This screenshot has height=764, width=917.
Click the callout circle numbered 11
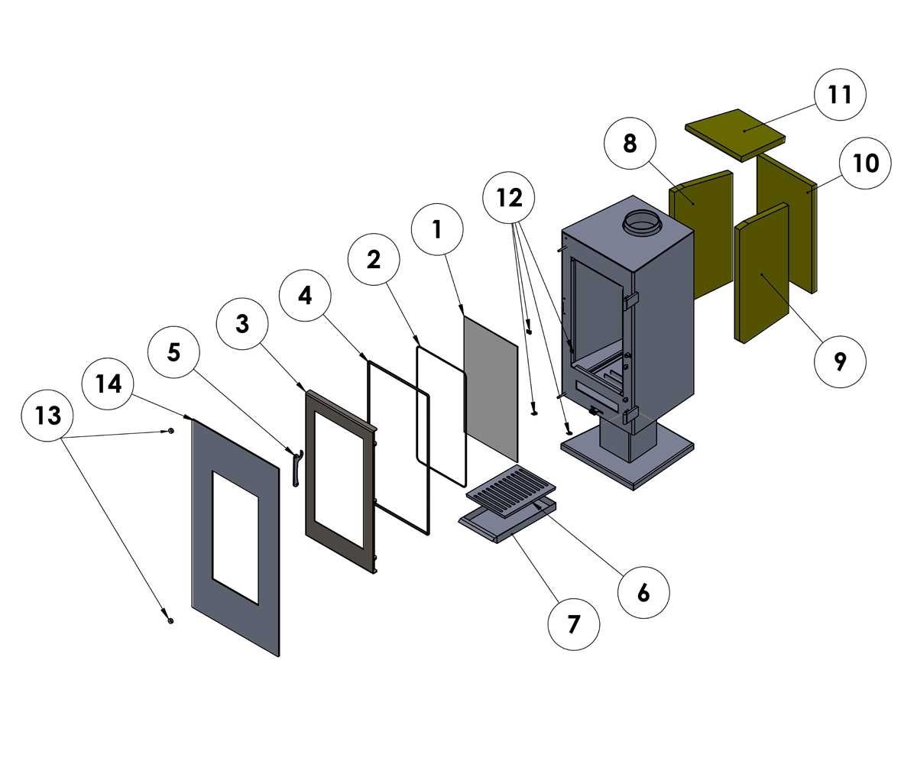tap(840, 95)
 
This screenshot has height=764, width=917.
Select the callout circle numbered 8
tap(630, 143)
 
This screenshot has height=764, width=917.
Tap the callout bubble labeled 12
tap(509, 198)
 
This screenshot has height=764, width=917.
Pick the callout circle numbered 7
tap(574, 624)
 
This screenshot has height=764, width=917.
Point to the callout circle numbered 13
tap(48, 416)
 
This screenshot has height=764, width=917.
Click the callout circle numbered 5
tap(173, 352)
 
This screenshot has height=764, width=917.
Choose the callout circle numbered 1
tap(437, 228)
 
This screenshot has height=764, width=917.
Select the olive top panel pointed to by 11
tap(734, 134)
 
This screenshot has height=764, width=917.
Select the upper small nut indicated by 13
tap(170, 431)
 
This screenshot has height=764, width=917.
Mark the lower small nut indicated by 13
tap(170, 620)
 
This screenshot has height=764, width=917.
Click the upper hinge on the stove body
tap(630, 301)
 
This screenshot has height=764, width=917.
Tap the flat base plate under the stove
tap(665, 451)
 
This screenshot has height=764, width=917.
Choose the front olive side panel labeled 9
tap(761, 275)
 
